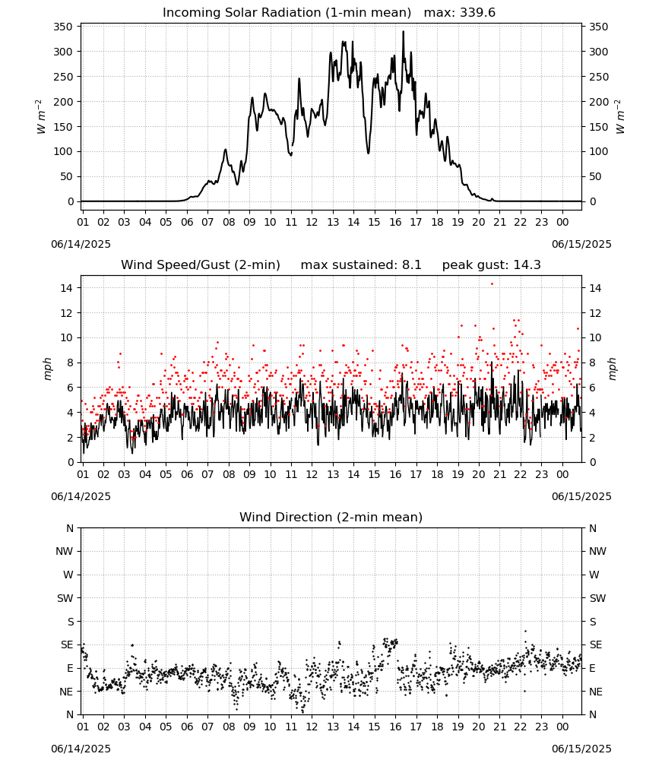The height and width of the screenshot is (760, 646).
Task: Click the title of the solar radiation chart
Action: pos(287,13)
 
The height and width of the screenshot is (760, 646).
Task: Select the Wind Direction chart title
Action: pos(331,517)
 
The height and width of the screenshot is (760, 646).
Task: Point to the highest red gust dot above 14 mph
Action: pos(492,284)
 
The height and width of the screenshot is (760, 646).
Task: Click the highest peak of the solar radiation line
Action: pos(404,32)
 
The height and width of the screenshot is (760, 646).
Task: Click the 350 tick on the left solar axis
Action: pos(64,27)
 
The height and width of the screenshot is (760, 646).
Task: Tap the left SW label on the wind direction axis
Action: pos(65,598)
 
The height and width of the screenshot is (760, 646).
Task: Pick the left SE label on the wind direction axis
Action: pos(67,644)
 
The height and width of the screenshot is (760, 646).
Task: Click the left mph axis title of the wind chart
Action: pos(47,369)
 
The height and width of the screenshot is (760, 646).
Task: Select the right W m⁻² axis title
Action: pos(620,117)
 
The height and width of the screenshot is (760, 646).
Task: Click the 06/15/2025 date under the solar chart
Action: pos(581,244)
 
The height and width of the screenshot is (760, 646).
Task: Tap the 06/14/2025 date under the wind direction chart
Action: pos(81,749)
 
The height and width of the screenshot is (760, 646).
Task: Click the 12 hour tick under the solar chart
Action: pos(312,222)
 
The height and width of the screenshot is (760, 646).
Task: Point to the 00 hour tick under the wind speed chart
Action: pos(562,474)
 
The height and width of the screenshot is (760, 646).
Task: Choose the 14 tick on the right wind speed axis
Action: pos(595,288)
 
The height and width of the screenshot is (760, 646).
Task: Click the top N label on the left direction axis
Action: pos(70,528)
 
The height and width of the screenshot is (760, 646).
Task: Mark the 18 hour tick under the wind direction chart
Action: pos(437,727)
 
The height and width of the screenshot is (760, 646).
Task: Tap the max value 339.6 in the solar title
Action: pos(477,13)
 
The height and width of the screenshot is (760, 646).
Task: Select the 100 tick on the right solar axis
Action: pos(598,151)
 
